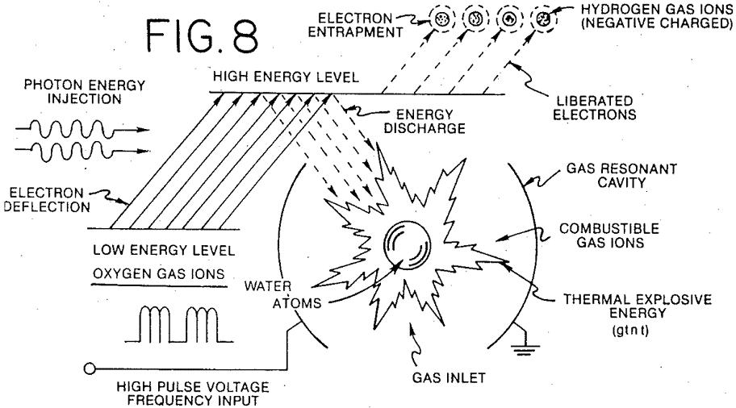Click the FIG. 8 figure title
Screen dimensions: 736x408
(x=202, y=35)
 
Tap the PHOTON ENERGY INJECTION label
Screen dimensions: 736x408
(x=85, y=92)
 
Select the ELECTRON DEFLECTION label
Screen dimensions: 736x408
(x=47, y=200)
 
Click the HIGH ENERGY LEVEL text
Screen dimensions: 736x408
(x=286, y=77)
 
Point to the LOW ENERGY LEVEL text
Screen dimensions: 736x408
(x=164, y=250)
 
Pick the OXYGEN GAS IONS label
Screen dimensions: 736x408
(x=159, y=274)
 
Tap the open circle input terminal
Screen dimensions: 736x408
(x=90, y=368)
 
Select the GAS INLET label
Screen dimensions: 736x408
(x=449, y=377)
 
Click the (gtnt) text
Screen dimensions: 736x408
(x=630, y=330)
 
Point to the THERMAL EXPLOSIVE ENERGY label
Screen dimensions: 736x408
(x=638, y=306)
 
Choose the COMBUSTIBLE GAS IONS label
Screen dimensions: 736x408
(x=609, y=235)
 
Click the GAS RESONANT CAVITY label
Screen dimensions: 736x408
(x=621, y=176)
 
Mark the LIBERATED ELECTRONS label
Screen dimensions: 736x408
(x=594, y=108)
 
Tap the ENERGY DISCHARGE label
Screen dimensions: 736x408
(x=424, y=122)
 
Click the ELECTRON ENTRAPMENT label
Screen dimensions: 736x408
(x=355, y=25)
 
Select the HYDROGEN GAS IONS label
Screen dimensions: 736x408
(x=657, y=16)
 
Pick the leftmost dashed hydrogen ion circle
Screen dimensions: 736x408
(x=443, y=19)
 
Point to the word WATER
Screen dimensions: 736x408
(x=268, y=285)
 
